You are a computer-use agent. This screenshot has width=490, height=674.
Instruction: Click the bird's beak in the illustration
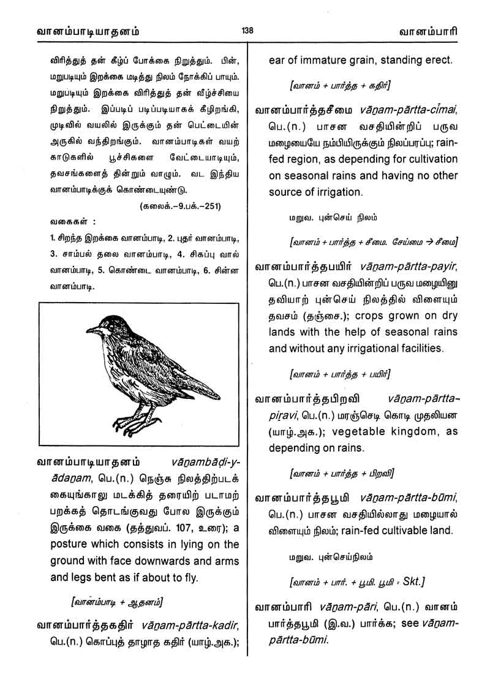[91, 331]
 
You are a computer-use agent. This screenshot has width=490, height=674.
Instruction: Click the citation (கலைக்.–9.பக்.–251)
[181, 205]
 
